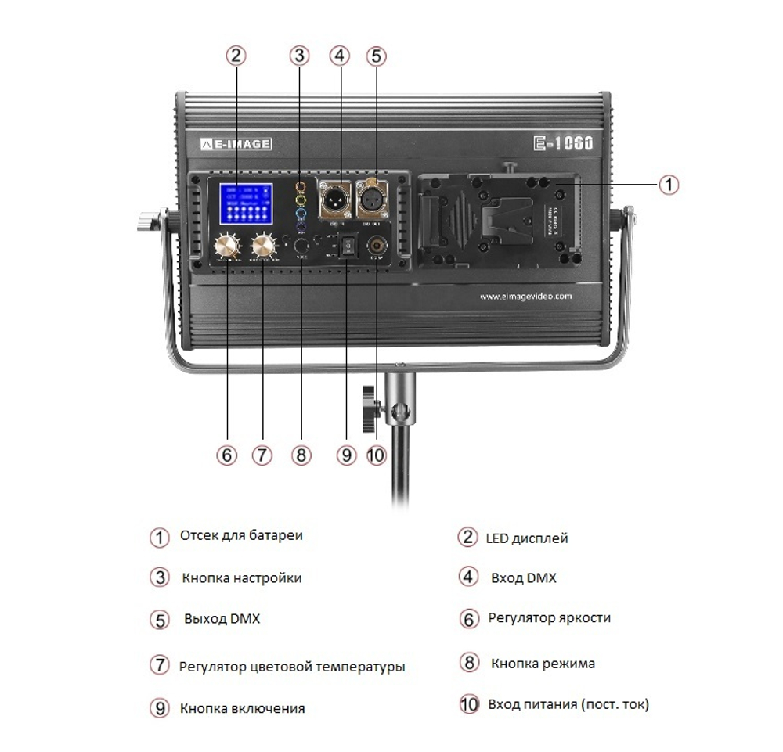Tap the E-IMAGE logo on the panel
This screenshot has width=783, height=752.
[x=235, y=144]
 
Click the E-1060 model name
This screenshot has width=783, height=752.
[x=563, y=143]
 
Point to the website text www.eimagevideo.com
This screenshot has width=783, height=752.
[x=525, y=297]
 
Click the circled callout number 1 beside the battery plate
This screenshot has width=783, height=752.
[x=667, y=185]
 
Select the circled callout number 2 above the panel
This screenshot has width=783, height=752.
[x=236, y=56]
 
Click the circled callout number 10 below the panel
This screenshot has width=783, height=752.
[x=377, y=455]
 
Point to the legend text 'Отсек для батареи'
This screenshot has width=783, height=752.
[x=241, y=536]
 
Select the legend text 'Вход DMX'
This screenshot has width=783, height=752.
[x=523, y=578]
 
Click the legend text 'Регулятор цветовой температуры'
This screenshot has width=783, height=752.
[x=292, y=667]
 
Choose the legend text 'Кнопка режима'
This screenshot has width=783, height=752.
[x=543, y=664]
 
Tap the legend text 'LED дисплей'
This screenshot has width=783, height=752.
[x=526, y=538]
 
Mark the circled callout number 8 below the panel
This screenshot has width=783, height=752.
[x=301, y=455]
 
